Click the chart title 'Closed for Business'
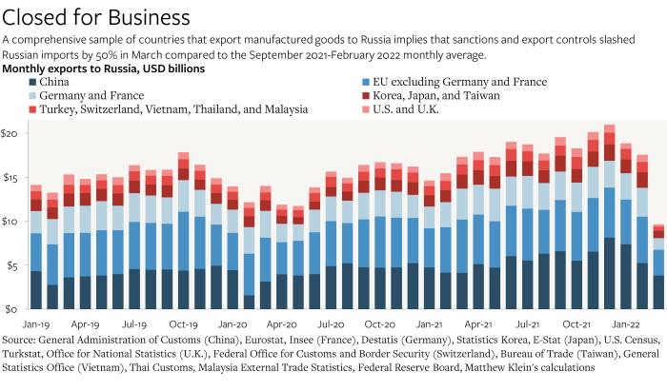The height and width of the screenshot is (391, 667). (x=96, y=16)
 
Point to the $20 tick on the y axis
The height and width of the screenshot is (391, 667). (x=11, y=133)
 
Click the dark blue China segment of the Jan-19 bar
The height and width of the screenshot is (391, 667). (x=35, y=290)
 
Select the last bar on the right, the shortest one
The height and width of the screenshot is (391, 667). (x=657, y=276)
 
